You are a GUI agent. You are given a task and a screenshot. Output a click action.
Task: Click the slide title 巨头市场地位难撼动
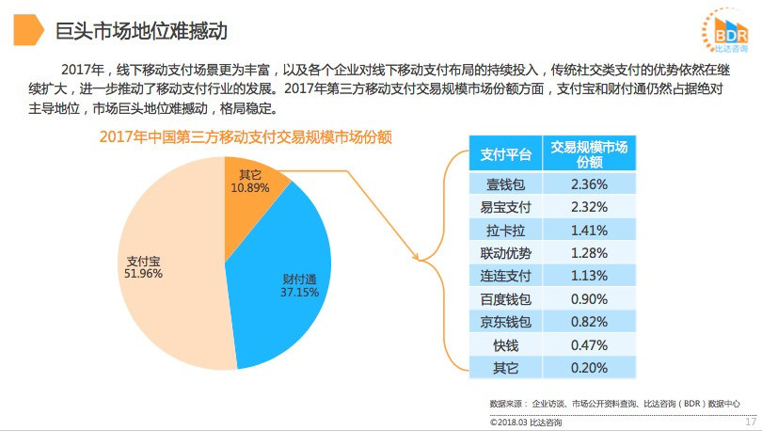coord(141,31)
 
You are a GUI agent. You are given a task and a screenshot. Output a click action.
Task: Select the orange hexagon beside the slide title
coord(27,31)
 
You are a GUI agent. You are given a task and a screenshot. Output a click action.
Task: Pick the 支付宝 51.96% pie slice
coord(160,273)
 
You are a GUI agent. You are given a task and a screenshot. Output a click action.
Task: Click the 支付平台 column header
coord(506,154)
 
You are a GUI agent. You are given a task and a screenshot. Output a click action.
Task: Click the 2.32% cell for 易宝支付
coord(589,206)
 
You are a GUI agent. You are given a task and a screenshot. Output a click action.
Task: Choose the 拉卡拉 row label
coord(506,229)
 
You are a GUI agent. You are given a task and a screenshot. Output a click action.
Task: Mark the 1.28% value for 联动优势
coord(589,252)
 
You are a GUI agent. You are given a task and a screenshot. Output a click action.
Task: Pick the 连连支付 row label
coord(506,275)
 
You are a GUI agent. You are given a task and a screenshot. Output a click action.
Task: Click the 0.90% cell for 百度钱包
coord(589,298)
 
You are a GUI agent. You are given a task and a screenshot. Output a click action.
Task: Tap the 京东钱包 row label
coord(506,321)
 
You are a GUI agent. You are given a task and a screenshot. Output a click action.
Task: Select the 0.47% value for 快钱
coord(589,344)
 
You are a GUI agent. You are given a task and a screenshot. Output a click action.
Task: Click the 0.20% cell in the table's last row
coord(589,367)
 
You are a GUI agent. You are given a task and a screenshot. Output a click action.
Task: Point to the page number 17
coord(750,422)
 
